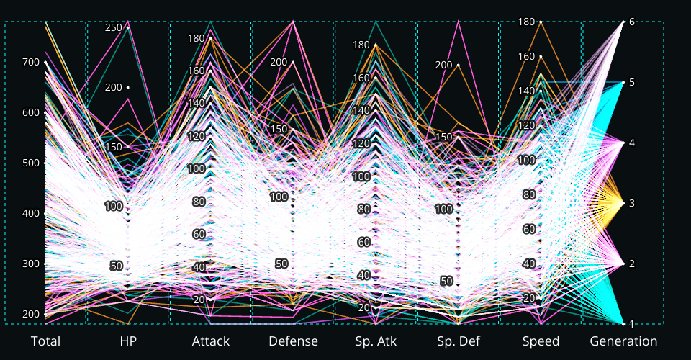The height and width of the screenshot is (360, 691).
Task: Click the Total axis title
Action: [45, 341]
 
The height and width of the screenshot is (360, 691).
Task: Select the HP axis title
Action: [128, 341]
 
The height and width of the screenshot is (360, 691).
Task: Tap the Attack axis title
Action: [211, 341]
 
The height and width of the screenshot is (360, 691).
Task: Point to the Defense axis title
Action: [293, 341]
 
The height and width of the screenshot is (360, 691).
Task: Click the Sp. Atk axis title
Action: [376, 341]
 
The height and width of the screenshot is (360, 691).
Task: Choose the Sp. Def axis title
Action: [459, 341]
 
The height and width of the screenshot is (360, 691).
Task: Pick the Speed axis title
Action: [541, 341]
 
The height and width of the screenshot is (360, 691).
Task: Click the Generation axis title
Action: [623, 341]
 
